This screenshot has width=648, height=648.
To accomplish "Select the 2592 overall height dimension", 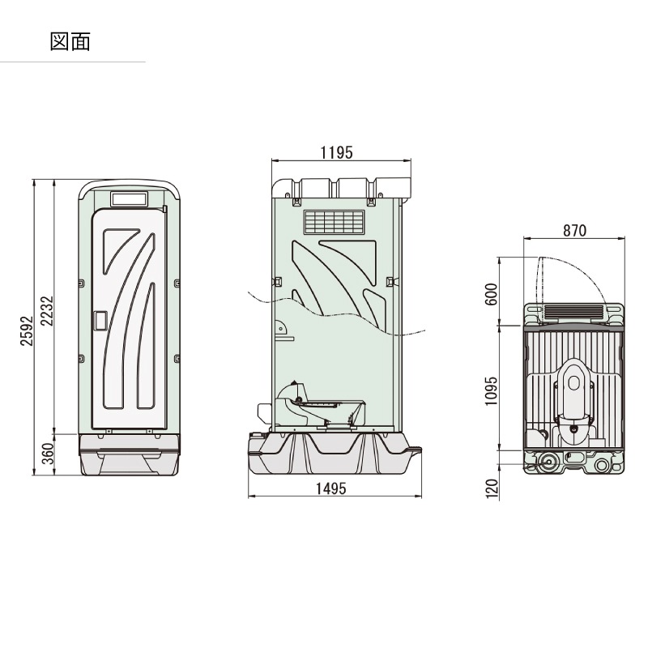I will tap(27, 330).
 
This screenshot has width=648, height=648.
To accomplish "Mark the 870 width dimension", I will tap(573, 231).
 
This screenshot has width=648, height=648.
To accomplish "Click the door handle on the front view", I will tap(101, 321).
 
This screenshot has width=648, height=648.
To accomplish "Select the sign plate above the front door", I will tap(128, 198).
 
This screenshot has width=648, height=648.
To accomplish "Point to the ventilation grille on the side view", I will tap(334, 222).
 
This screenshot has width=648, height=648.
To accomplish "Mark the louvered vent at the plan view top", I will tap(573, 309).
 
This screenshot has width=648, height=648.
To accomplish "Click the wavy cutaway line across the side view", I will tap(340, 318).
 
